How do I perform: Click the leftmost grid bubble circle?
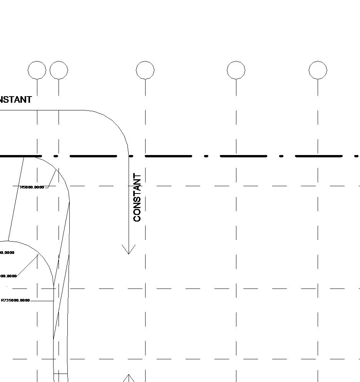pyautogui.click(x=37, y=70)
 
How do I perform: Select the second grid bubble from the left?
pyautogui.click(x=59, y=70)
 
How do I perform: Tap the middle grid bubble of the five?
pyautogui.click(x=145, y=70)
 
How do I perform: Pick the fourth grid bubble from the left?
pyautogui.click(x=236, y=70)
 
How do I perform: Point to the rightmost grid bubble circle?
pyautogui.click(x=318, y=70)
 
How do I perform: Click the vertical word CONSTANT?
pyautogui.click(x=137, y=197)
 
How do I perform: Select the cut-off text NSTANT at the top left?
pyautogui.click(x=15, y=100)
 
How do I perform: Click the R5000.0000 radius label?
pyautogui.click(x=32, y=187)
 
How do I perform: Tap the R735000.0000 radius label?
pyautogui.click(x=15, y=300)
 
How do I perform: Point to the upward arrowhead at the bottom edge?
pyautogui.click(x=129, y=378)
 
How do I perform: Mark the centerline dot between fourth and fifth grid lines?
pyautogui.click(x=281, y=156)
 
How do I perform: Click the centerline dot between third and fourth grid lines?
pyautogui.click(x=206, y=156)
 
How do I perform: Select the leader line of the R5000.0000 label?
pyautogui.click(x=52, y=179)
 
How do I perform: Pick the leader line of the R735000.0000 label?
pyautogui.click(x=42, y=301)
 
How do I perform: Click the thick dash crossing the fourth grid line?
pyautogui.click(x=243, y=156)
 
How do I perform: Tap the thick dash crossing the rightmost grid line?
pyautogui.click(x=318, y=156)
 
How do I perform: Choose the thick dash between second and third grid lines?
pyautogui.click(x=93, y=156)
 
